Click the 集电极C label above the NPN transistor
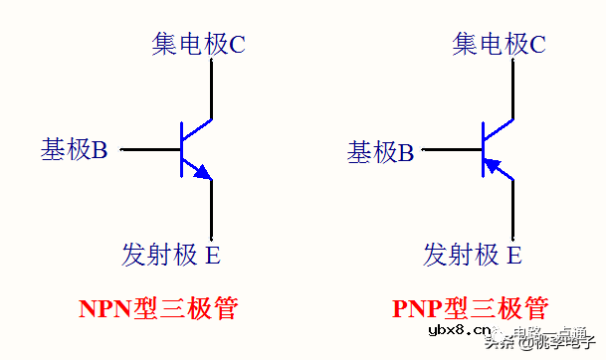198,43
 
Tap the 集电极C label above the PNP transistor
499,43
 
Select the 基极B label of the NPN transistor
74,150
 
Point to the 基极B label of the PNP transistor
380,151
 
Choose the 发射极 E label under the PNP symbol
473,254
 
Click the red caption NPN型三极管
159,306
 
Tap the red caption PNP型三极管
469,306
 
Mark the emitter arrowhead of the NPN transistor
204,174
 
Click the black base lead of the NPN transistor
149,150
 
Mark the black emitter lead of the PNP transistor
513,209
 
